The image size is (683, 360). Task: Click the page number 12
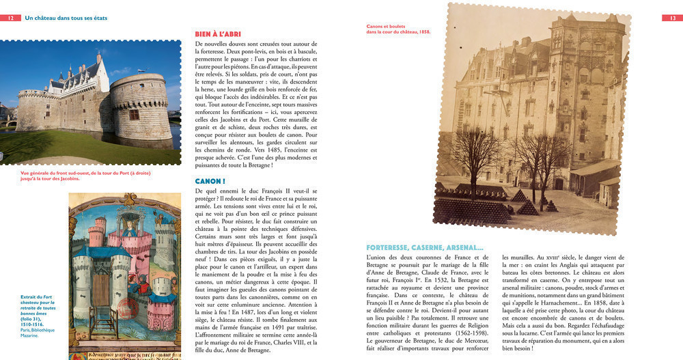point(11,18)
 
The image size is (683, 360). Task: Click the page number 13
point(671,18)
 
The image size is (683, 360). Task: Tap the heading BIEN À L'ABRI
point(218,33)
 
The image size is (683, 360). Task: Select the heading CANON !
point(210,181)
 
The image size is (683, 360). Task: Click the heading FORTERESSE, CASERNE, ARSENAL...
point(425,247)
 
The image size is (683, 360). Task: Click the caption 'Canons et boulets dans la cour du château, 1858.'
point(399,29)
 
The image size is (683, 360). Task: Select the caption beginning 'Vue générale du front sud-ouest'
point(85,175)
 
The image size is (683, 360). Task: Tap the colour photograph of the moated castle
point(90,103)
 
